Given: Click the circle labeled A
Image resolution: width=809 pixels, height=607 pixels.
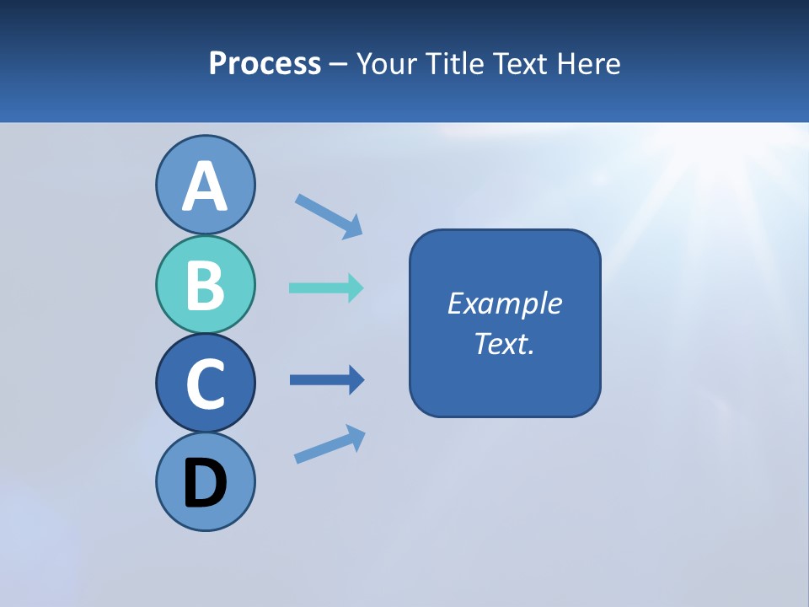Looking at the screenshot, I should coord(205,185).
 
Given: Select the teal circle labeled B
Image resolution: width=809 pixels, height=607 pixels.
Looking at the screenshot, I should coord(205,284).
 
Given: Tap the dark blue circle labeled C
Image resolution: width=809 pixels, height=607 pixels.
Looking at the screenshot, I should coord(205,383).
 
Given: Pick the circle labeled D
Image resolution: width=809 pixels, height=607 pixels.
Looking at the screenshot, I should coord(205,481).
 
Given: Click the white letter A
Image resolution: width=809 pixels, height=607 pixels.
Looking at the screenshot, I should coord(205,186).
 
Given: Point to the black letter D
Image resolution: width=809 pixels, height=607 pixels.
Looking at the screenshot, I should coord(205,483).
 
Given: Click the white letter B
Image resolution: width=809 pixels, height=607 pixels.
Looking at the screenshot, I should coord(205,285).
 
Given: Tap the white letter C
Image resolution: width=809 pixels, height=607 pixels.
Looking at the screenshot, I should coord(205,384).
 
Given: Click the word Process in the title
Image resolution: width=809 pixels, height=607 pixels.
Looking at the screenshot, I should coord(265,63).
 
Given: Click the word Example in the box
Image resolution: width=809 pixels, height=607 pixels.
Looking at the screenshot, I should coord(504,303).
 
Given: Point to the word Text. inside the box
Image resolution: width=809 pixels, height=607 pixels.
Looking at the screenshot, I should coord(504,343).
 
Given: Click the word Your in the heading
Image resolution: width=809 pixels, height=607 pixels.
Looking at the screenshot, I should coord(386,63).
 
